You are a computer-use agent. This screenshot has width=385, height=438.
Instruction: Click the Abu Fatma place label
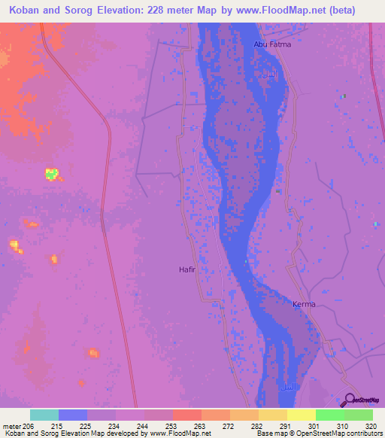coord(272,44)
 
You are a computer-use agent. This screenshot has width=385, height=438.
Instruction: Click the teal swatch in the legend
coord(44,415)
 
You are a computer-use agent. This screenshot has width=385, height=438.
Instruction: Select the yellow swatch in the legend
coord(301,415)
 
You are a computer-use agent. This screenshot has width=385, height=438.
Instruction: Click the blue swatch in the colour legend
coord(73,415)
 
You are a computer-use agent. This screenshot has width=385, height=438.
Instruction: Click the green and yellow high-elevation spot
coord(51,175)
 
